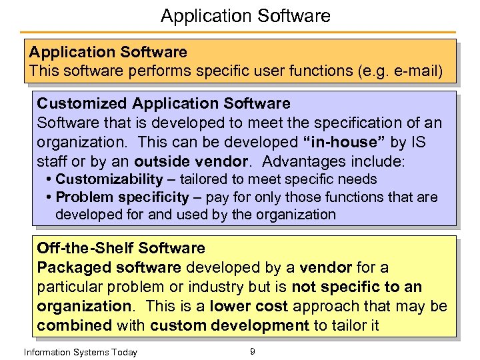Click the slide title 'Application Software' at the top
[x=245, y=15]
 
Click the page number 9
[x=252, y=351]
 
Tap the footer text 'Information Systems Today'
[x=80, y=352]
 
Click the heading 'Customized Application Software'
[x=163, y=103]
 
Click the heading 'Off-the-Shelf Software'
[x=121, y=249]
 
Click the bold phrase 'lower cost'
[x=249, y=306]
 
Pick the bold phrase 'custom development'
[x=229, y=325]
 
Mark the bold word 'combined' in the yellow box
[x=73, y=325]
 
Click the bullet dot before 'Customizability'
[x=50, y=179]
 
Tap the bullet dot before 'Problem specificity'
[x=50, y=197]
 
